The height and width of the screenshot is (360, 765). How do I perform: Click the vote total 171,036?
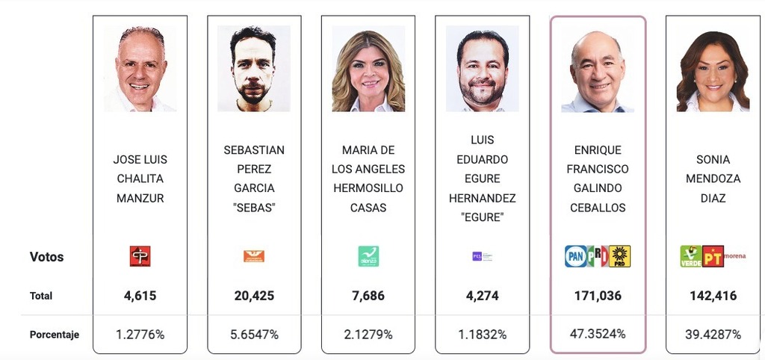pyautogui.click(x=598, y=296)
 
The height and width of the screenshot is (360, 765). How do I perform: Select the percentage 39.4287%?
pyautogui.click(x=713, y=334)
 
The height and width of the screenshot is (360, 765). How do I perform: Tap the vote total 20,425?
pyautogui.click(x=254, y=296)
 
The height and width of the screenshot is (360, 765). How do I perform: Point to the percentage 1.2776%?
pyautogui.click(x=140, y=334)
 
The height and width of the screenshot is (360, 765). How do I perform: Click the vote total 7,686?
pyautogui.click(x=368, y=296)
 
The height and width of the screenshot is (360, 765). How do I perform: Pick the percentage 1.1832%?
pyautogui.click(x=482, y=334)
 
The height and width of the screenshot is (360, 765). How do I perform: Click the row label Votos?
pyautogui.click(x=46, y=257)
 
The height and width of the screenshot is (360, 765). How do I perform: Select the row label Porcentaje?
pyautogui.click(x=54, y=335)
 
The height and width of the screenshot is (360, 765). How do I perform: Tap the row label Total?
pyautogui.click(x=41, y=296)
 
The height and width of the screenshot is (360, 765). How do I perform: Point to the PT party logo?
pyautogui.click(x=714, y=256)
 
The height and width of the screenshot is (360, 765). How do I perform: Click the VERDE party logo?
pyautogui.click(x=691, y=256)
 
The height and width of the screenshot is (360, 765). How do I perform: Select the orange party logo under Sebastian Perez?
pyautogui.click(x=254, y=256)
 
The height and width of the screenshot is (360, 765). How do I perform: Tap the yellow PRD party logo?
pyautogui.click(x=620, y=256)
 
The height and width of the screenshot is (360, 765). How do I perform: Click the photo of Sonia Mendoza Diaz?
pyautogui.click(x=712, y=69)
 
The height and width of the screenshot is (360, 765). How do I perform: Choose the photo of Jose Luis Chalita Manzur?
pyautogui.click(x=140, y=69)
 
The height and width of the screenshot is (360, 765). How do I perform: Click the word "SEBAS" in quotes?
pyautogui.click(x=254, y=208)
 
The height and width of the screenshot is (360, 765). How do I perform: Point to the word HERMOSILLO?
pyautogui.click(x=368, y=188)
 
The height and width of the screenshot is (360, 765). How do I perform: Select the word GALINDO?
pyautogui.click(x=598, y=188)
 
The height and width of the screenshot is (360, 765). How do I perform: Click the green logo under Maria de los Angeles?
pyautogui.click(x=368, y=256)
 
